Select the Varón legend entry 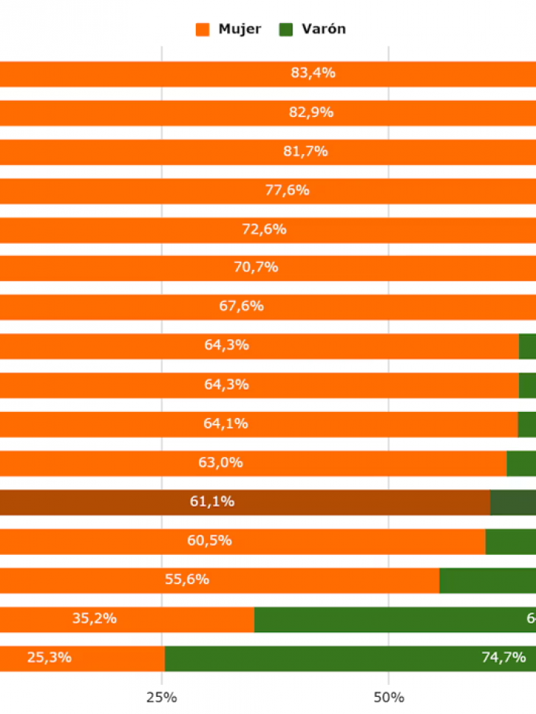click(313, 30)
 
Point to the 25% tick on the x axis click(162, 698)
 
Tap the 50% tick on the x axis click(389, 698)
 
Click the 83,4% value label click(313, 74)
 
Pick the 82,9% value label click(311, 112)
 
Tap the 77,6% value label click(287, 190)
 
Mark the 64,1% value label click(226, 424)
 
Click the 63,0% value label click(221, 463)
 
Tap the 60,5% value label click(209, 541)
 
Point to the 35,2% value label click(95, 619)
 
